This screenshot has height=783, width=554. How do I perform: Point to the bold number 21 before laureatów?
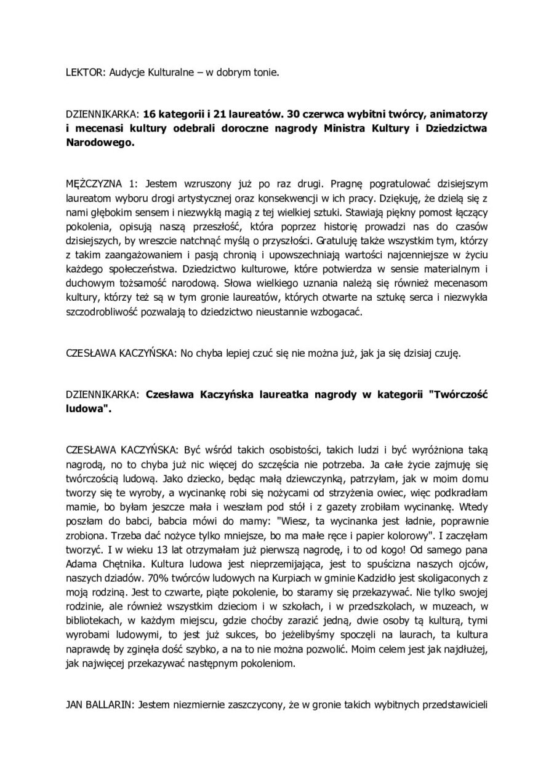[225, 114]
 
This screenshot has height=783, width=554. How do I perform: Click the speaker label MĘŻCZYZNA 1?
[102, 183]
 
